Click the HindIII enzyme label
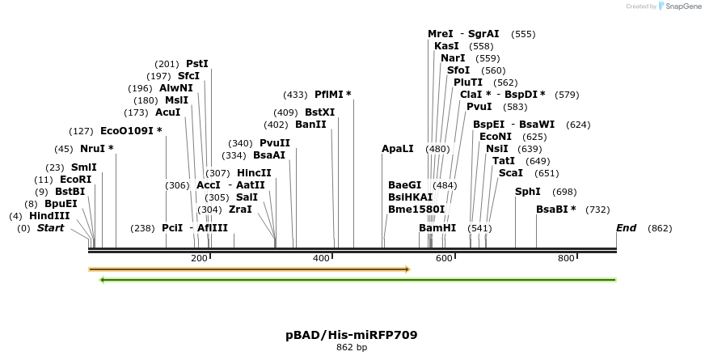pos(49,216)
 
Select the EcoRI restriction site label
pos(76,180)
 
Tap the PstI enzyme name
pos(197,63)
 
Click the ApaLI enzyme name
pos(398,149)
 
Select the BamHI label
pos(437,228)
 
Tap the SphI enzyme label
pos(528,192)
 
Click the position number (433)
pos(295,95)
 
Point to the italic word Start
pos(50,228)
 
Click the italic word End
pos(627,228)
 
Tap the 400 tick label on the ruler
pos(321,258)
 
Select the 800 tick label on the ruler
pos(566,258)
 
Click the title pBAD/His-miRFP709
pos(352,334)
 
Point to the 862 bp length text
pos(352,348)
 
